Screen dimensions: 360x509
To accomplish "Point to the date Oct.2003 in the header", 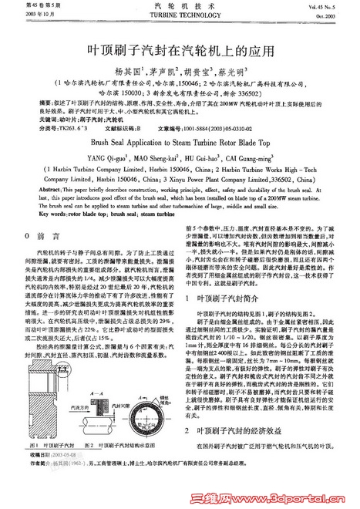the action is [x=339, y=15].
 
